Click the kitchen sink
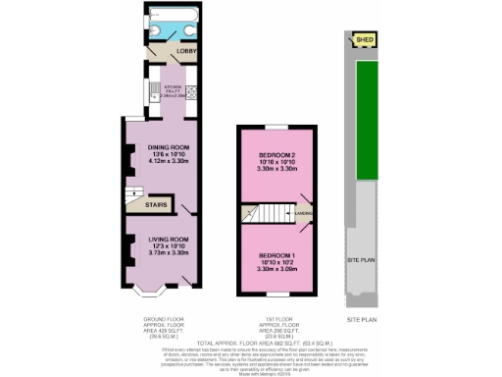click(x=154, y=94)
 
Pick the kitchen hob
click(x=191, y=93)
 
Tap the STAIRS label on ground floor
click(x=155, y=206)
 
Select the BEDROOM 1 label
click(x=277, y=255)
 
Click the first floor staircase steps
click(x=270, y=211)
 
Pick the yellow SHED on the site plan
click(x=366, y=40)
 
